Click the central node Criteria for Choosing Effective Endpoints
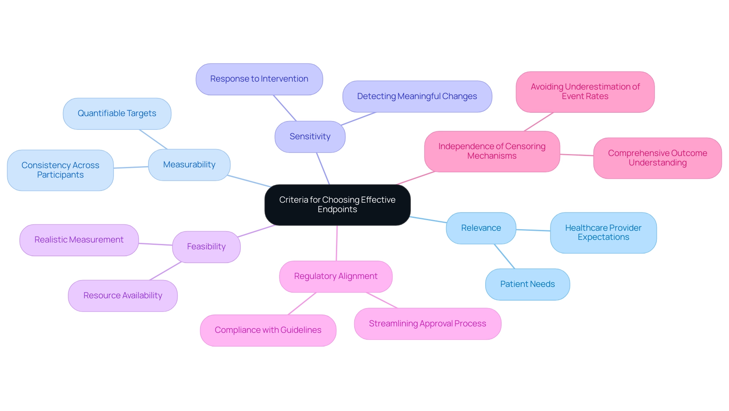[x=337, y=205]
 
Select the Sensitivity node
[x=310, y=137]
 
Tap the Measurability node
[x=189, y=165]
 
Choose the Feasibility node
[x=206, y=247]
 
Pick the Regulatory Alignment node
[x=336, y=276]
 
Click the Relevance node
[x=481, y=228]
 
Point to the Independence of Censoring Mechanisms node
[x=492, y=151]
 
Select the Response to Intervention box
[x=259, y=79]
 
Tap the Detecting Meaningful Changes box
[x=417, y=96]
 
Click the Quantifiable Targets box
[x=117, y=113]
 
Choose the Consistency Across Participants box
[x=60, y=170]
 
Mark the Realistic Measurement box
[x=79, y=240]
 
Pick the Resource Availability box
[x=123, y=296]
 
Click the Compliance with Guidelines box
[x=268, y=330]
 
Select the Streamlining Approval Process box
[x=428, y=324]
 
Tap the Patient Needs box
[x=527, y=284]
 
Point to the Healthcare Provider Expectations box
[x=603, y=233]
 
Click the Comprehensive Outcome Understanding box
[x=657, y=158]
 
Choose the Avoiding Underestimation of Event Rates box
[x=585, y=92]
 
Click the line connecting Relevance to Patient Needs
[x=505, y=257]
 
